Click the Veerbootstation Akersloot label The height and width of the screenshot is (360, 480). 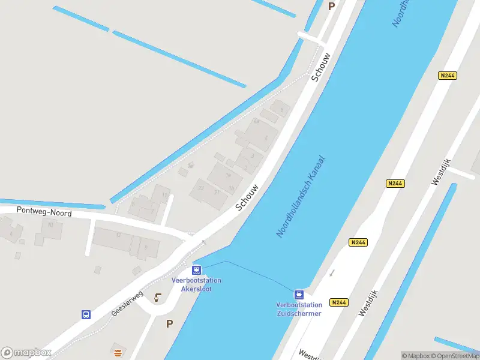196,284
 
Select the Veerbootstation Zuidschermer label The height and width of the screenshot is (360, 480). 299,309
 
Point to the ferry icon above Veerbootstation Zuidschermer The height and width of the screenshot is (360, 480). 299,295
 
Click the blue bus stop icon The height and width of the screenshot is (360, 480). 86,314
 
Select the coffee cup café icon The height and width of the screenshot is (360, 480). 158,297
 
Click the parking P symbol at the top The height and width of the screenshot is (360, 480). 331,6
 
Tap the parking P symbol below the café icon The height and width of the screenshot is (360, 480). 169,323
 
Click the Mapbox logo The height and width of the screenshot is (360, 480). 25,352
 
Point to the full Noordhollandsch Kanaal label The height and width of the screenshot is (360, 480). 301,197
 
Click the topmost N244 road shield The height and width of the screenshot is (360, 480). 447,76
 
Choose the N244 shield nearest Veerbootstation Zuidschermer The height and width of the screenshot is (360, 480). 339,303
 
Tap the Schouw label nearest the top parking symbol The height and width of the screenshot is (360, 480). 321,67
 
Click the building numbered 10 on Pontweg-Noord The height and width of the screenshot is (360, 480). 50,224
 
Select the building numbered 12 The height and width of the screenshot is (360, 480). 119,235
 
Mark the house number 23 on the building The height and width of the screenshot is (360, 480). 201,188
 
